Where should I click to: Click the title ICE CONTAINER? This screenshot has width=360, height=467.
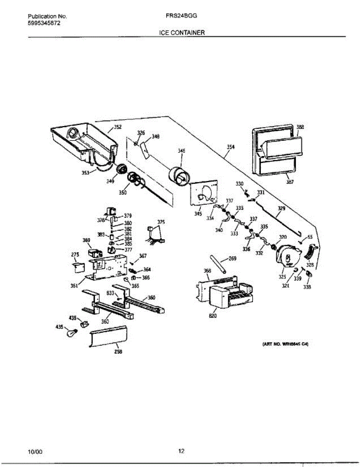pyautogui.click(x=182, y=33)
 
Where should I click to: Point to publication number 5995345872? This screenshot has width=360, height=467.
pyautogui.click(x=44, y=23)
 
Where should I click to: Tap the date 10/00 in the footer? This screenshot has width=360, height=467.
pyautogui.click(x=35, y=452)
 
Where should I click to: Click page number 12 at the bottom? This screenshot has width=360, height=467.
pyautogui.click(x=181, y=451)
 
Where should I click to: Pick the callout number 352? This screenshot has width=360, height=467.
pyautogui.click(x=117, y=127)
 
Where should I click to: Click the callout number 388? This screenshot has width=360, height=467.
pyautogui.click(x=300, y=127)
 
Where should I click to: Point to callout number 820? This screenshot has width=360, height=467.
pyautogui.click(x=213, y=316)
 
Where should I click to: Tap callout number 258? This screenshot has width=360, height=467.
pyautogui.click(x=118, y=351)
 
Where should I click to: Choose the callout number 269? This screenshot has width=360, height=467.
pyautogui.click(x=232, y=258)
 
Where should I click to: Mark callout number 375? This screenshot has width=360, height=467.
pyautogui.click(x=161, y=222)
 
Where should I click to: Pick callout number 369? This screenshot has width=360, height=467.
pyautogui.click(x=86, y=241)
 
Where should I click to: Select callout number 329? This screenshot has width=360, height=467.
pyautogui.click(x=281, y=209)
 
